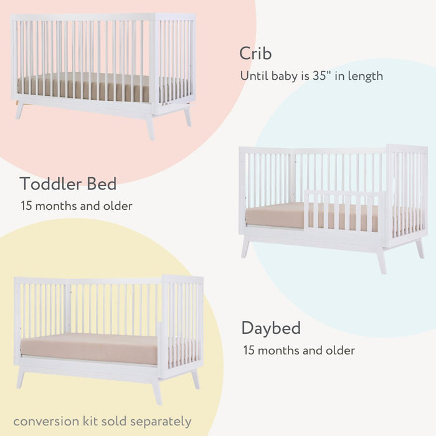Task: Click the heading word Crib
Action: (255, 54)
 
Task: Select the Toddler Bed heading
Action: (68, 184)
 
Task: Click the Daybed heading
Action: (271, 328)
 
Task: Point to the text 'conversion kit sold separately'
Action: (102, 421)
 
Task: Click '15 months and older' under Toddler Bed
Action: (76, 206)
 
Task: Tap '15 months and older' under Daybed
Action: (299, 350)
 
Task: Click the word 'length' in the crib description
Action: (367, 76)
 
